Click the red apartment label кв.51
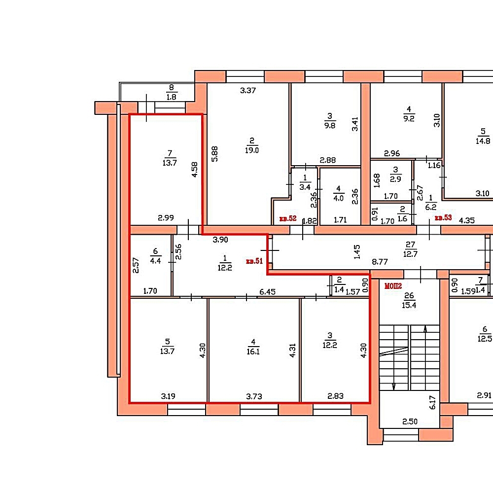[254, 261]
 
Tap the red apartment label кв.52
[288, 218]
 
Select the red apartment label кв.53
[443, 217]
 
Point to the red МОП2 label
[393, 286]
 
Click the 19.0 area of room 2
[252, 150]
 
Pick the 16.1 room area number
[253, 352]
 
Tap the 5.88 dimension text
[214, 154]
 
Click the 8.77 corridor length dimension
[380, 262]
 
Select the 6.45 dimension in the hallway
[268, 292]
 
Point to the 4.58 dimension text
[195, 170]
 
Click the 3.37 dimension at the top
[248, 91]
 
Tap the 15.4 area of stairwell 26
[409, 305]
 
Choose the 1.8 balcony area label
[172, 97]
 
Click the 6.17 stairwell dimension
[433, 402]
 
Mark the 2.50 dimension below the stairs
[410, 422]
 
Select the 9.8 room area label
[330, 125]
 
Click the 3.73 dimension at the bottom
[254, 396]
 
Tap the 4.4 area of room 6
[155, 261]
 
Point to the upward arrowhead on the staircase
[425, 329]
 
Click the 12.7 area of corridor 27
[410, 254]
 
